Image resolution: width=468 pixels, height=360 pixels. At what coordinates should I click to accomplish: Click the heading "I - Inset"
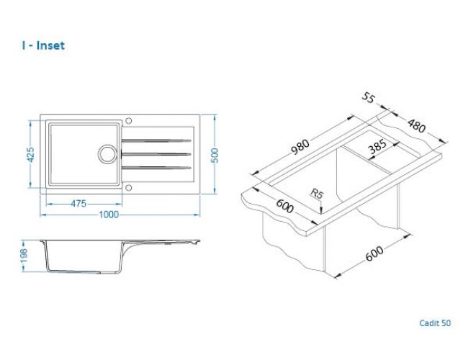coord(43,45)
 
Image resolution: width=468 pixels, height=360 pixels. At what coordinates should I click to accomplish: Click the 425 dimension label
coord(30,154)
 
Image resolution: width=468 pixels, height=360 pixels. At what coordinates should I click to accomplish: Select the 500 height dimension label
coord(215,156)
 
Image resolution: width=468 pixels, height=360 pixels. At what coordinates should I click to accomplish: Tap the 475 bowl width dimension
coord(78,204)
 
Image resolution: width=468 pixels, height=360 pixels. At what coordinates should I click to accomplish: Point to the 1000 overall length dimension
coord(109,215)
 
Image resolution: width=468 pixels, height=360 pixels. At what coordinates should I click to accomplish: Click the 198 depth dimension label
coord(24,256)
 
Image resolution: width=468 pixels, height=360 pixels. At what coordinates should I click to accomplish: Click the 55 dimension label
coord(369,98)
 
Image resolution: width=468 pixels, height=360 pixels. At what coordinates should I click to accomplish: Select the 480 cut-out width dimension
coord(416,126)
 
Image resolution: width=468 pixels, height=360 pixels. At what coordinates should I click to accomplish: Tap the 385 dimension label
coord(377,146)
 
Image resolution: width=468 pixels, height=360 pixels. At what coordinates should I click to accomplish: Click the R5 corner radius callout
coord(317,194)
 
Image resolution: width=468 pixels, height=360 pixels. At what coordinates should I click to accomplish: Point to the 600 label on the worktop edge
coord(284,206)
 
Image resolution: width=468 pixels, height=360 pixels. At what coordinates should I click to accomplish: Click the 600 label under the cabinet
coord(374,253)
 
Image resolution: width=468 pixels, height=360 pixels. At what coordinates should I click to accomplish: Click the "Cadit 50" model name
coord(435,323)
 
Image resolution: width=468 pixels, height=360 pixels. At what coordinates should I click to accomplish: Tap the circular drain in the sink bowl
coord(107,154)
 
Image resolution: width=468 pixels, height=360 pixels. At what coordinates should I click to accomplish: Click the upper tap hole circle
coord(129,120)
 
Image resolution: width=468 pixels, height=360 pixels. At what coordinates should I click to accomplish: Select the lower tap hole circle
coord(129,188)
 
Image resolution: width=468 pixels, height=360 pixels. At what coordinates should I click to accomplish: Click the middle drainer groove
coord(156,154)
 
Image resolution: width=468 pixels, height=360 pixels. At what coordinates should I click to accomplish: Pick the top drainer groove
coord(156,140)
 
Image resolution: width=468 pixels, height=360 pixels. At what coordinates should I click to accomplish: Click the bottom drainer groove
coord(156,168)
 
